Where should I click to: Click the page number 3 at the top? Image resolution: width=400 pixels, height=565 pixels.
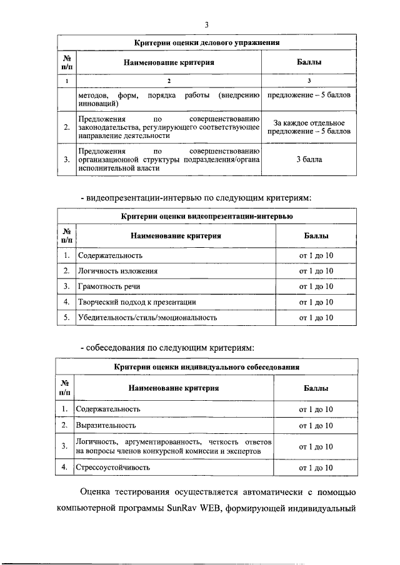pos(206,24)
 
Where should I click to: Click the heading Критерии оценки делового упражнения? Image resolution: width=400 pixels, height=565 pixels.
pos(207,42)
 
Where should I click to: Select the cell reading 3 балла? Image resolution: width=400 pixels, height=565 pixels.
pos(309,160)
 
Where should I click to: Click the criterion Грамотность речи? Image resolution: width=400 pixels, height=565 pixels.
pos(109,287)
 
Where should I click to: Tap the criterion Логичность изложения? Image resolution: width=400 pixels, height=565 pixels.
pos(117,271)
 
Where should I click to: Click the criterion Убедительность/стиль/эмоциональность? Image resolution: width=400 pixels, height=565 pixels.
pos(147,318)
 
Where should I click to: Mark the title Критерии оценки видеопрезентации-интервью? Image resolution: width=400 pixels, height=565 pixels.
pos(207,217)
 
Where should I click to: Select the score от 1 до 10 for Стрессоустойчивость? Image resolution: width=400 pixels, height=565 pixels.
pos(316,467)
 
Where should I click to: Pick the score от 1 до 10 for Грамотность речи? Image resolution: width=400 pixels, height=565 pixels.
pos(316,287)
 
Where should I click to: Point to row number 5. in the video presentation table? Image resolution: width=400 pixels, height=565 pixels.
pos(66,318)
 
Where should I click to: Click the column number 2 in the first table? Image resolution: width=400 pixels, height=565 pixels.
pos(168,81)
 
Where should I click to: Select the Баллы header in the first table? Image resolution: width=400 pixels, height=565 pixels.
pos(309,62)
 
